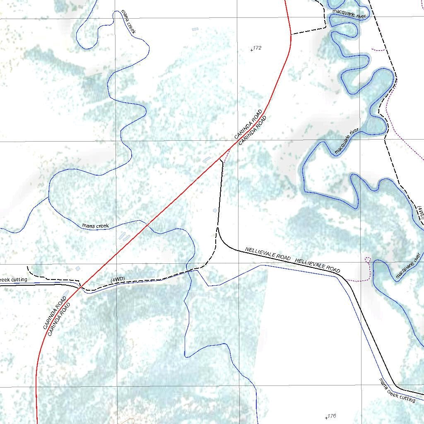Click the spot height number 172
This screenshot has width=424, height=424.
[x=258, y=48]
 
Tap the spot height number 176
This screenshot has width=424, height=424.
[x=332, y=416]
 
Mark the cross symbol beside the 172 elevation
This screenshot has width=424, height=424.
[x=252, y=50]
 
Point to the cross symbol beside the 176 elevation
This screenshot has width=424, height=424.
[x=327, y=418]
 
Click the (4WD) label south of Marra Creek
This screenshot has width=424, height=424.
[x=118, y=280]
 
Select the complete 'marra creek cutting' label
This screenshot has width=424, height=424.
[x=397, y=390]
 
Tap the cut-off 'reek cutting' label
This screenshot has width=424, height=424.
[x=13, y=280]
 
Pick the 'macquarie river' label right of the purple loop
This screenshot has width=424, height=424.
[x=408, y=265]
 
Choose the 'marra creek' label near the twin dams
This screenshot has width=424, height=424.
[x=96, y=226]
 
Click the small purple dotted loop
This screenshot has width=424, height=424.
[x=367, y=260]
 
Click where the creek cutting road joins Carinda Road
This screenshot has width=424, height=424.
[x=79, y=286]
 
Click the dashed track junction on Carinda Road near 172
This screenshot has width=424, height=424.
[x=291, y=34]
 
